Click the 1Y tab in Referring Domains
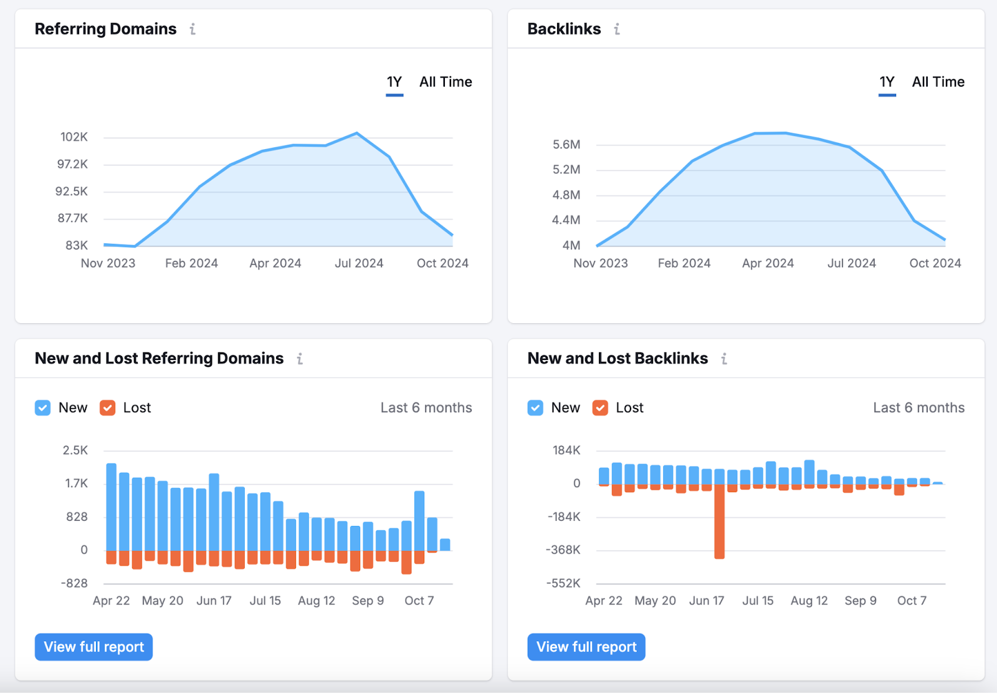[394, 82]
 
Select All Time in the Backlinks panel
[938, 82]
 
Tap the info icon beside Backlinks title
[617, 29]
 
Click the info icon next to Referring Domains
[193, 29]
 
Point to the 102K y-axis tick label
[74, 137]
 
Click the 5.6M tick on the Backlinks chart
[566, 145]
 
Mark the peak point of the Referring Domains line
[357, 133]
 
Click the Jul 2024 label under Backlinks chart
[851, 263]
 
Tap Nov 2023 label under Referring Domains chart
[108, 263]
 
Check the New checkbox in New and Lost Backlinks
[535, 408]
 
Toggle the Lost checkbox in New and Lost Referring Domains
[108, 408]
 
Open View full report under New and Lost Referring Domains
[93, 647]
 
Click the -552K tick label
[563, 583]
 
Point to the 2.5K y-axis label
[75, 450]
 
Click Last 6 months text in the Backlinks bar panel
[918, 408]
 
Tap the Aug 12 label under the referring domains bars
[317, 601]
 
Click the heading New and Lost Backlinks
[618, 359]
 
